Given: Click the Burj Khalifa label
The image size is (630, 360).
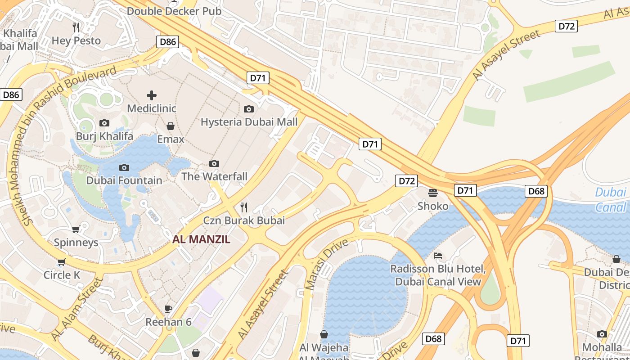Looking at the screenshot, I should pyautogui.click(x=104, y=136).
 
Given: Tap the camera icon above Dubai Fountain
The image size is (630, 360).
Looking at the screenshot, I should pyautogui.click(x=124, y=167).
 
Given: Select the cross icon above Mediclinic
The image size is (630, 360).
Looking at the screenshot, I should pyautogui.click(x=152, y=95).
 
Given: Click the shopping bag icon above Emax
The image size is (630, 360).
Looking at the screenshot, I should pyautogui.click(x=171, y=126).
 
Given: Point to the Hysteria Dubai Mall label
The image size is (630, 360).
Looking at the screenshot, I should pyautogui.click(x=249, y=122).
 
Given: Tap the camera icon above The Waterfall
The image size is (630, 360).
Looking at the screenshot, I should pyautogui.click(x=214, y=163).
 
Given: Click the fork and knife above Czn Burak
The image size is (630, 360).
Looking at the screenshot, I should pyautogui.click(x=244, y=207).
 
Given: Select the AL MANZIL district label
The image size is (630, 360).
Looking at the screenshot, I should pyautogui.click(x=201, y=239).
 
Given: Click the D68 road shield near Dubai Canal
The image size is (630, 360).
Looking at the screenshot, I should pyautogui.click(x=536, y=191).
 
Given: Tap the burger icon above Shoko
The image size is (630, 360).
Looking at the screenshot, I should pyautogui.click(x=433, y=193).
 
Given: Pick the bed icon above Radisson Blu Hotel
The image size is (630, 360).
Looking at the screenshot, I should pyautogui.click(x=438, y=256).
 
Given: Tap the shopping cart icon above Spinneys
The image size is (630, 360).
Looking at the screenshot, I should pyautogui.click(x=76, y=229).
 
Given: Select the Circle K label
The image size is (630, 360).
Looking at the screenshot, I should pyautogui.click(x=62, y=274).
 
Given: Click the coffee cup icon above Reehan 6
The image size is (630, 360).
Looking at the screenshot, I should pyautogui.click(x=168, y=309).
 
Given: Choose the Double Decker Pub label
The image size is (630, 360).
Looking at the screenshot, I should pyautogui.click(x=174, y=11).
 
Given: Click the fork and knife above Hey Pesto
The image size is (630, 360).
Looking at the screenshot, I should pyautogui.click(x=76, y=27).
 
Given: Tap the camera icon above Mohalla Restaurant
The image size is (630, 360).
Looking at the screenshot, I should pyautogui.click(x=602, y=334).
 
